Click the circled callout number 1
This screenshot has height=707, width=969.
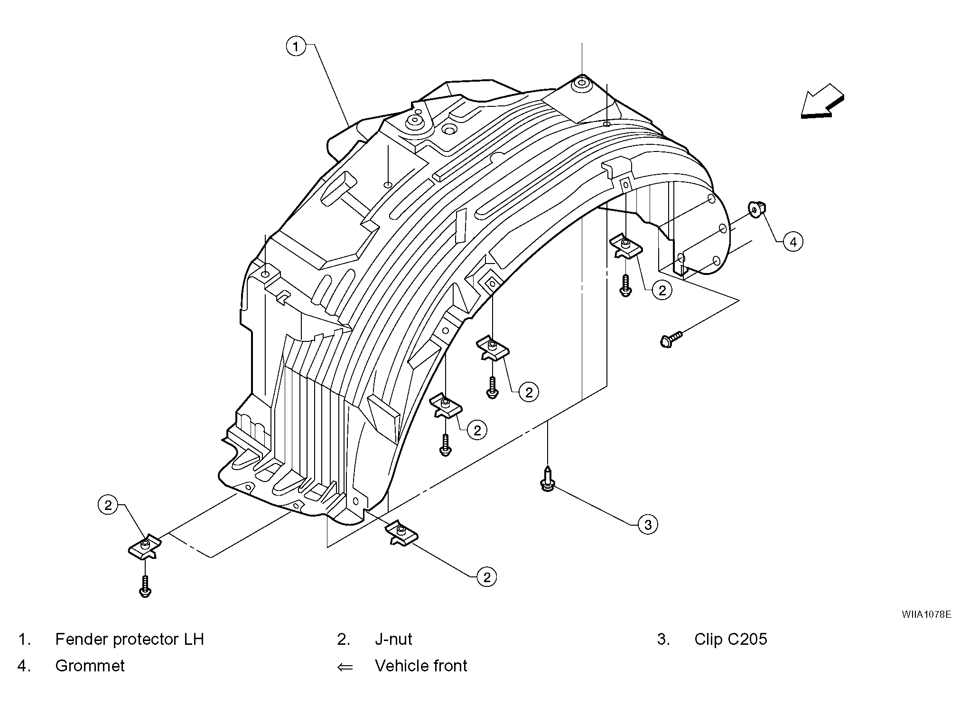tap(296, 47)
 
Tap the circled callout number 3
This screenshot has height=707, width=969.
tap(648, 525)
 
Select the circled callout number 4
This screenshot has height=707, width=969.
tap(793, 242)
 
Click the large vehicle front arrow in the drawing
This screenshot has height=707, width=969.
tap(822, 101)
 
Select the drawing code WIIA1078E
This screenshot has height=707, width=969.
tap(926, 614)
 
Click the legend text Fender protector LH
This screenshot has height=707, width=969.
tap(130, 639)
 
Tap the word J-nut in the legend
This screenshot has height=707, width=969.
tap(393, 639)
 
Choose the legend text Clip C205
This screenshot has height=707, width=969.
tap(731, 639)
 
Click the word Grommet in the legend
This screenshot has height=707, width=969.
tap(90, 666)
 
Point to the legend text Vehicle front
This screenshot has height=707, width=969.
tap(421, 666)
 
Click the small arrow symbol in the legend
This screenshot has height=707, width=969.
tap(345, 667)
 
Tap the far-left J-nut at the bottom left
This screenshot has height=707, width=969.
tap(145, 547)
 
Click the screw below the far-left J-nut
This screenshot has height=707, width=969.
tap(145, 586)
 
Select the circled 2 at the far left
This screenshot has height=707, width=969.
tap(108, 505)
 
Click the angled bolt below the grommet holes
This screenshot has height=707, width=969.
tap(671, 339)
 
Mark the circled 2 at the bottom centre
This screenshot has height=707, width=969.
tap(487, 577)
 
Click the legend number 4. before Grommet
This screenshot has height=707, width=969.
tap(24, 666)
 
